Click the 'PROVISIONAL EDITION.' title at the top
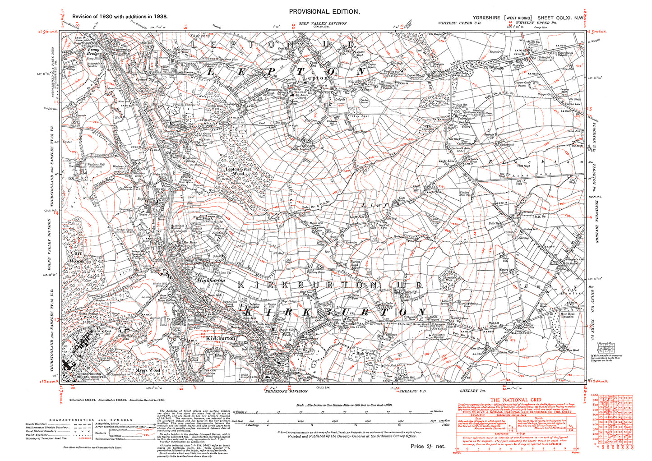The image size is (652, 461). tap(324, 12)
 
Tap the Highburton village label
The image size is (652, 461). tap(211, 280)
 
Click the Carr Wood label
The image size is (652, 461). tap(76, 257)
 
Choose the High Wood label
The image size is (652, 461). tap(365, 353)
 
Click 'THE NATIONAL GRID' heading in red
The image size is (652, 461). tap(515, 400)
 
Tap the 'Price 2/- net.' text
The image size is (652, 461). tap(427, 446)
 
